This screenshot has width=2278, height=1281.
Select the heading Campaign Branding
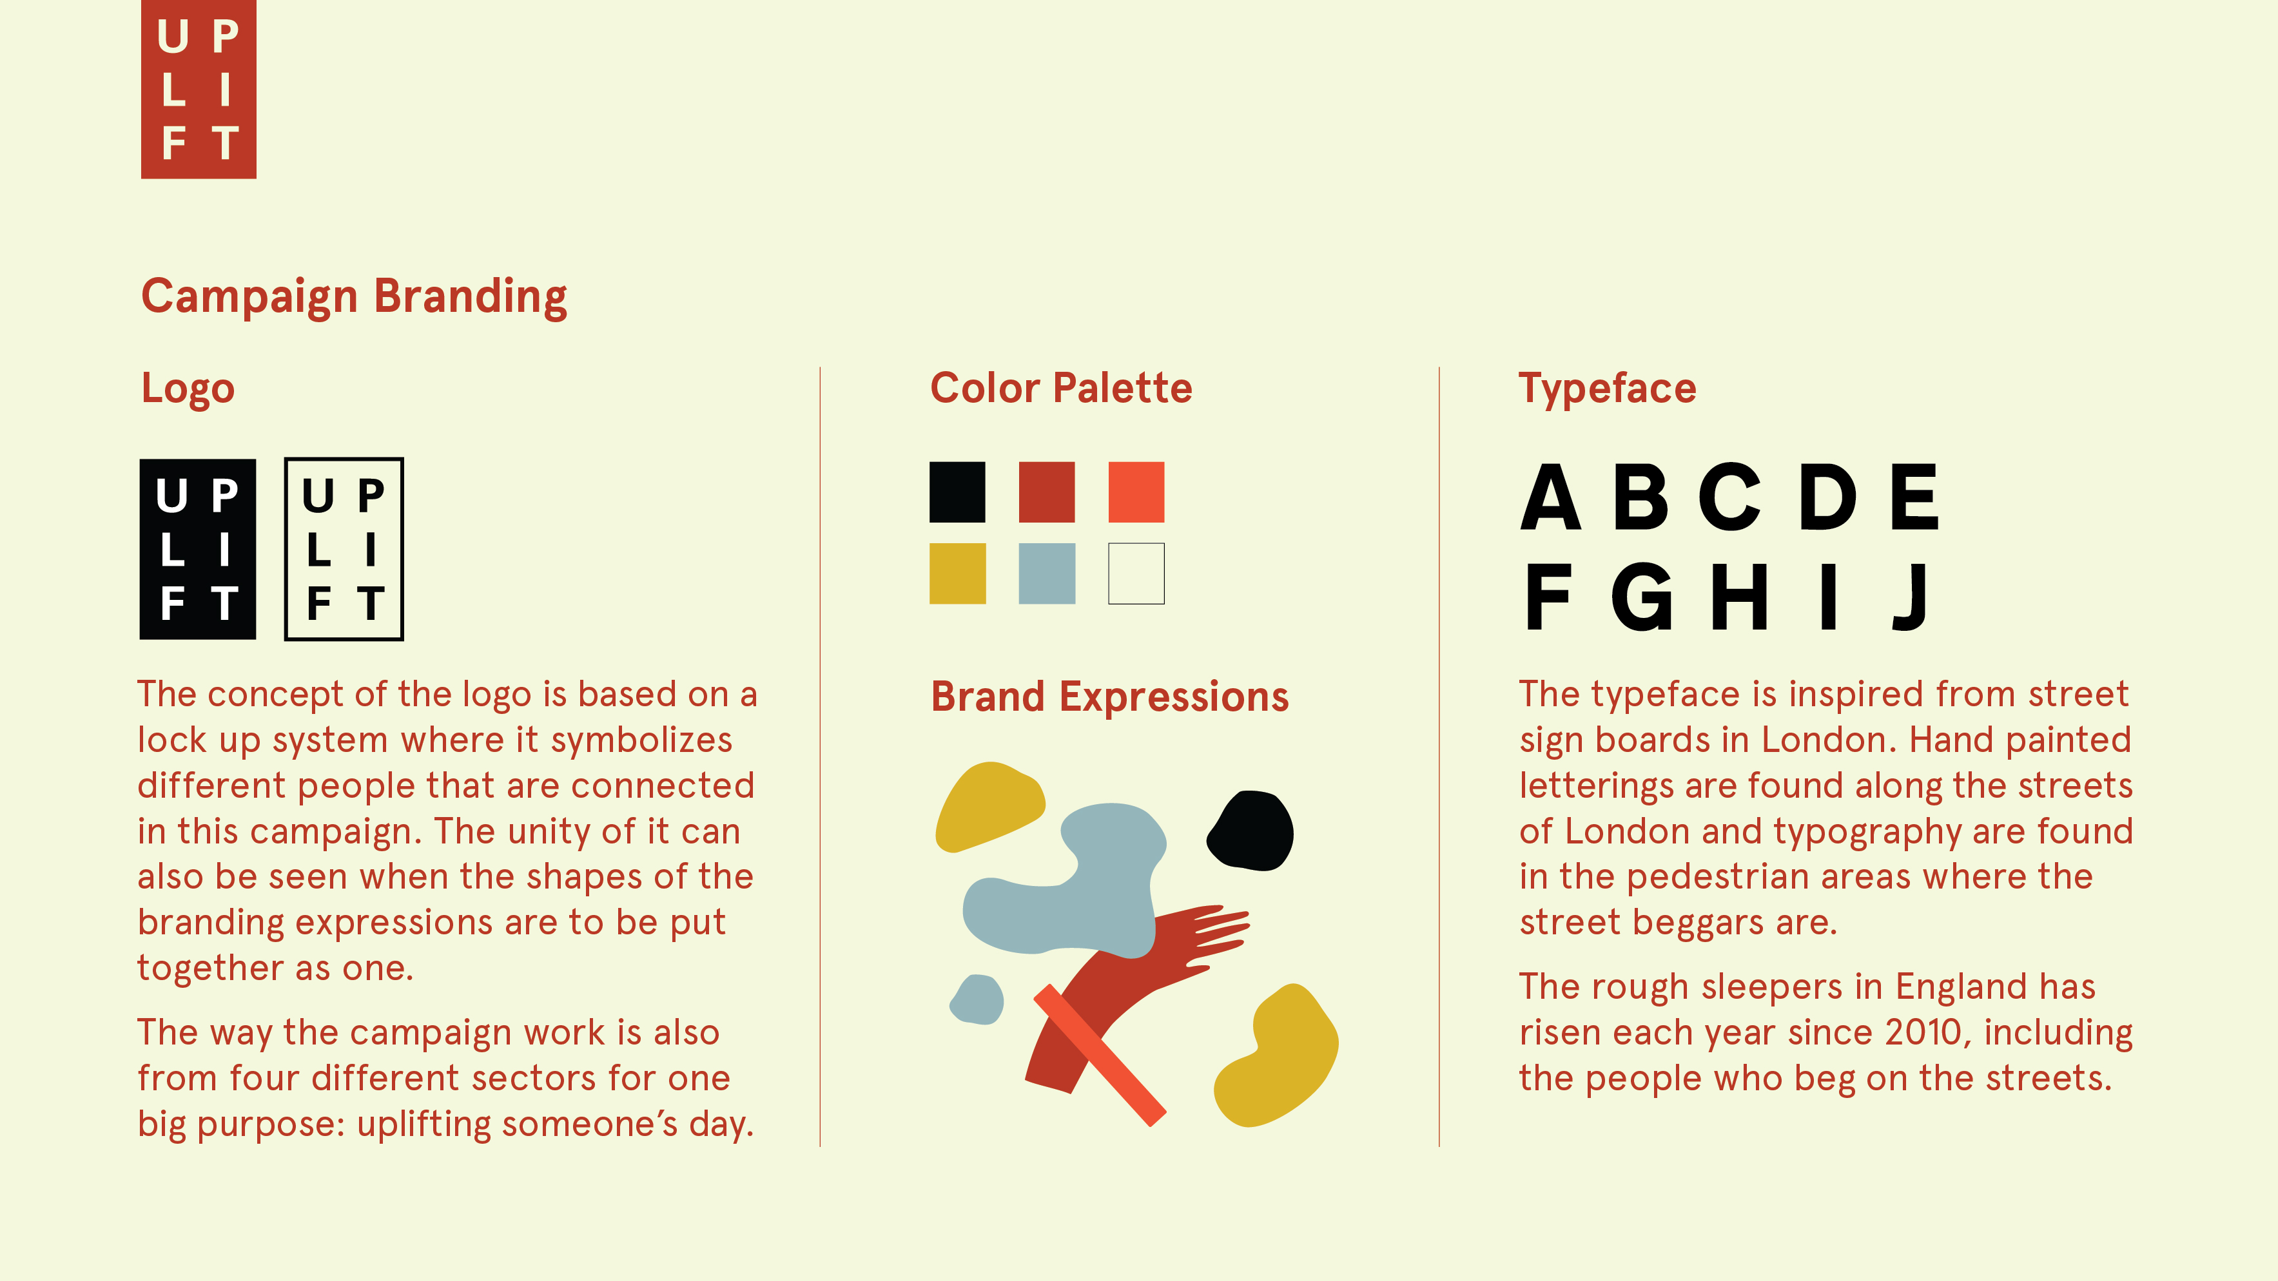tap(354, 298)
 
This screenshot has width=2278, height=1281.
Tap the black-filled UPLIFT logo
tap(198, 549)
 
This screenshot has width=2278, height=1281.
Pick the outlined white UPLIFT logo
tap(344, 549)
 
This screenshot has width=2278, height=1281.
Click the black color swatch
tap(957, 492)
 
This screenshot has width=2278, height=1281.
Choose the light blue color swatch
tap(1047, 573)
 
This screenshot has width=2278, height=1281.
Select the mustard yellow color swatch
tap(957, 573)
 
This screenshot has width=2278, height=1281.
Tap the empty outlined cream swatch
tap(1136, 573)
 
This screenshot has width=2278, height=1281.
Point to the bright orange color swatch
tap(1136, 492)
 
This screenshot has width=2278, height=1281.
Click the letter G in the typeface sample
tap(1642, 597)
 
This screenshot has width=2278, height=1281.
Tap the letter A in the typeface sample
tap(1551, 497)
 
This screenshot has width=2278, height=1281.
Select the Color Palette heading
tap(1061, 388)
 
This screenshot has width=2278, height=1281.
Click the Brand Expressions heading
tap(1110, 697)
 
